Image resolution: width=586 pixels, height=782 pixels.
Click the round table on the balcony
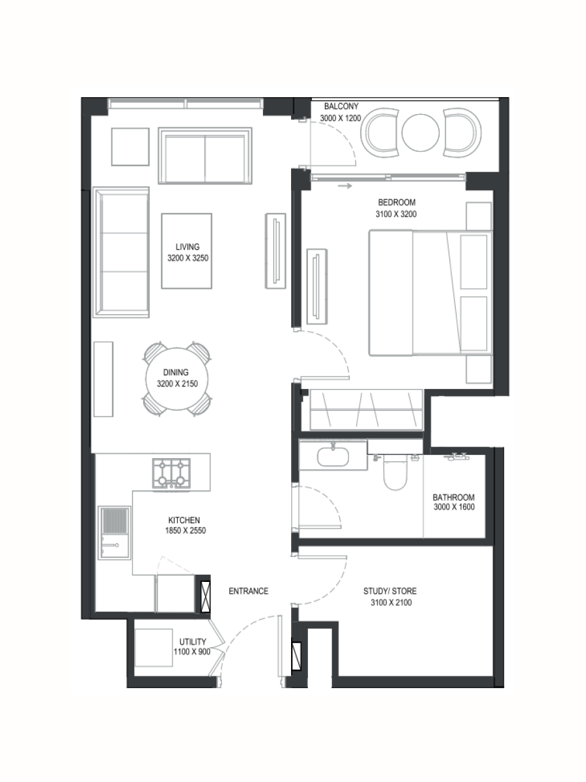point(420,132)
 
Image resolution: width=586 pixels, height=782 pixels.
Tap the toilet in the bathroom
point(395,472)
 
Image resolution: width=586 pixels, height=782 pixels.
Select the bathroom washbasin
point(333,457)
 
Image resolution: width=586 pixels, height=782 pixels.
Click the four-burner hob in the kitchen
point(171,473)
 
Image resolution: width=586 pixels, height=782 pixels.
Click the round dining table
point(177,379)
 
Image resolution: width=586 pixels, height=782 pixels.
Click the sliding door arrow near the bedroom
point(345,186)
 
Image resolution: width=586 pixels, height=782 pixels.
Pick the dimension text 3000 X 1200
point(341,118)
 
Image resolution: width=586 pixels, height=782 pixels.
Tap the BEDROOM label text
point(397,203)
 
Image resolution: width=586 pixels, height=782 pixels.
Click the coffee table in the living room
point(186,251)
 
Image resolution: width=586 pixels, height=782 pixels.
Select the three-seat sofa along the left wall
point(121,252)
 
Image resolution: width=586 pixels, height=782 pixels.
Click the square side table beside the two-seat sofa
point(130,147)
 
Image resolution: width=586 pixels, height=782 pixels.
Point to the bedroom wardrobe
point(367,410)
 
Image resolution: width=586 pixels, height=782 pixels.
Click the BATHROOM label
point(454,497)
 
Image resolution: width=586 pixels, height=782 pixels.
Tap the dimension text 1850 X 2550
point(186,530)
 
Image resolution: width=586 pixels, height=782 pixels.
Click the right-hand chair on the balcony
point(462,132)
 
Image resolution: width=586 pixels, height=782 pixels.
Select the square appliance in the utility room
point(154,648)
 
